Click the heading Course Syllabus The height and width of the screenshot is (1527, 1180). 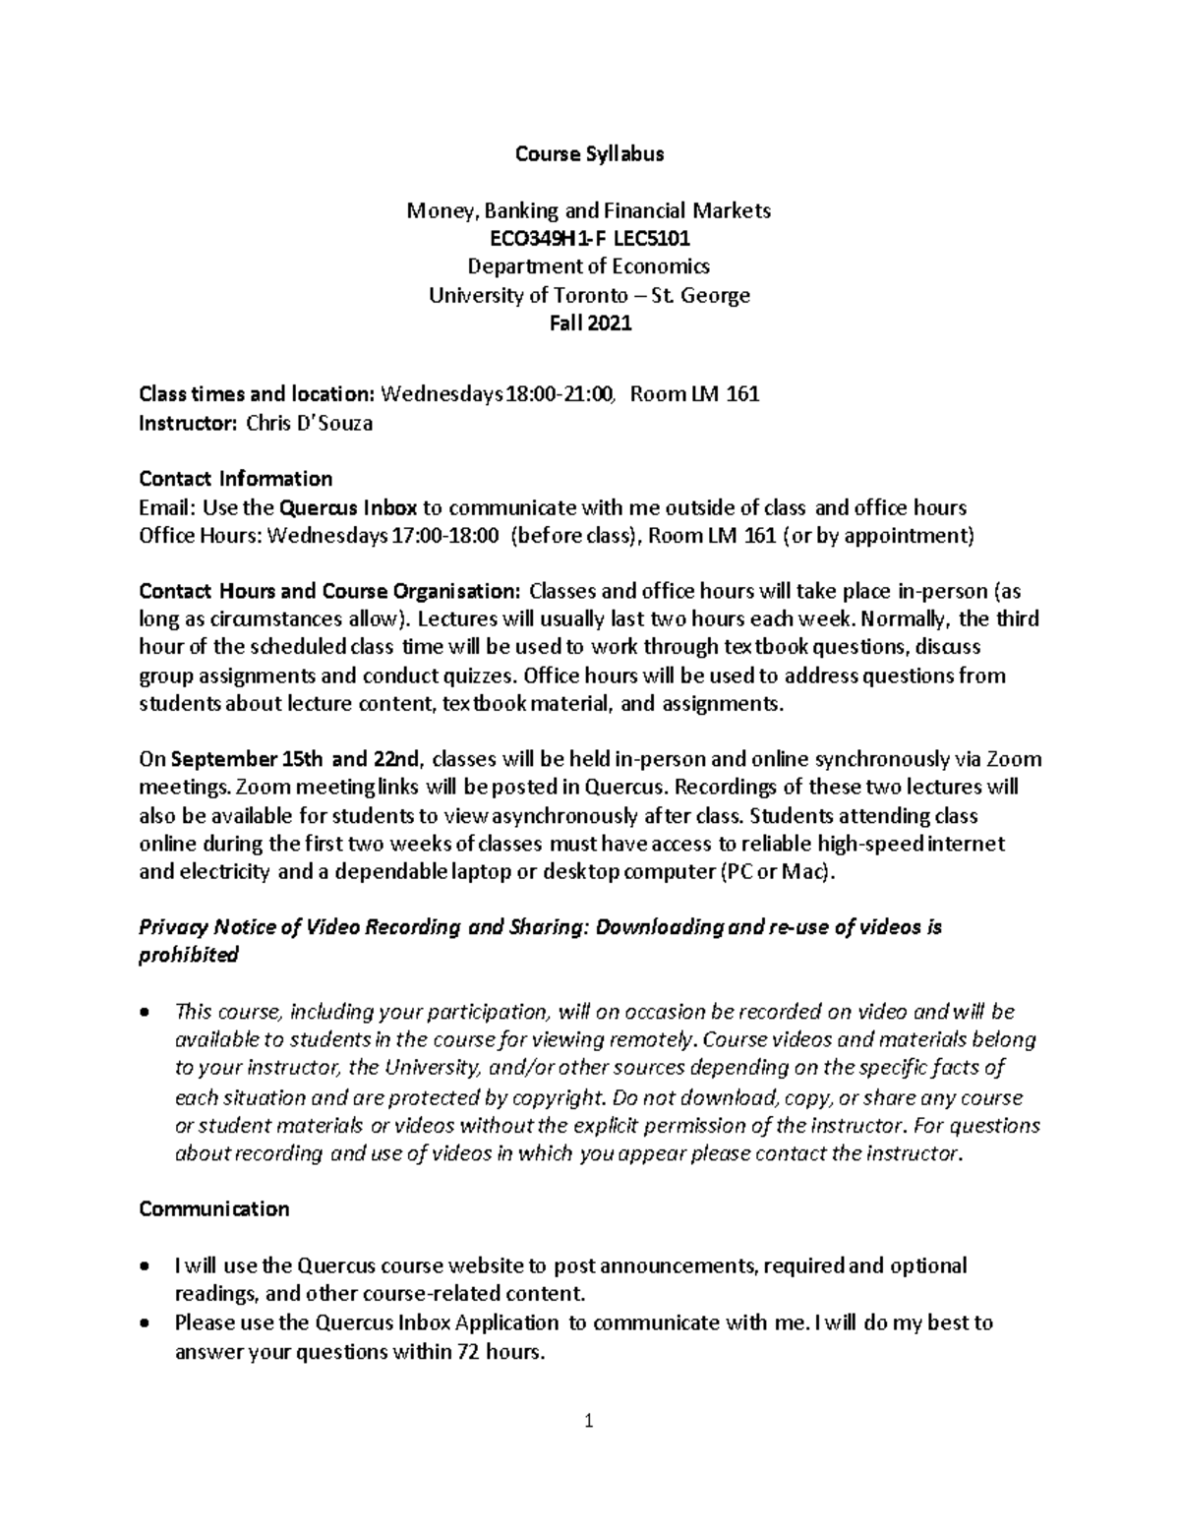coord(590,153)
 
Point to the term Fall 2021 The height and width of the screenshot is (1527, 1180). coord(590,323)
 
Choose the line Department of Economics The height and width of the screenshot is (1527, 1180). coord(590,266)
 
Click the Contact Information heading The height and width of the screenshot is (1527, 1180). coord(236,479)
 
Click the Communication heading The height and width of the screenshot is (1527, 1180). coord(214,1208)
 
